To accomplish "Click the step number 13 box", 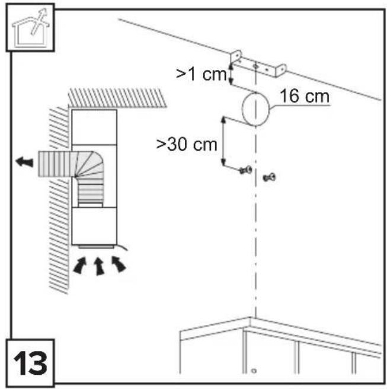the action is pos(30,363).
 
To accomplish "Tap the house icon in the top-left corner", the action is pos(30,27).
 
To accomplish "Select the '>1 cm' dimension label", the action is pos(202,74).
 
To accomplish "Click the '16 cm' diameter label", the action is pos(305,96).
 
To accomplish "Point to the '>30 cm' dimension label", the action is pos(187,144).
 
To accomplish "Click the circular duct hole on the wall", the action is pos(255,109).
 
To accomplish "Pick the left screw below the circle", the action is pos(246,170).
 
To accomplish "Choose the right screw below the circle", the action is pos(269,177).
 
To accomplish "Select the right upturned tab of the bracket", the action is pos(281,70).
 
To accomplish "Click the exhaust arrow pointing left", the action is pos(24,162).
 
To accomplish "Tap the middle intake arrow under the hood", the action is pos(99,266).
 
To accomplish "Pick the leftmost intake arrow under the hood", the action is pos(80,266).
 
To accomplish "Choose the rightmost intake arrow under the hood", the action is pos(119,264).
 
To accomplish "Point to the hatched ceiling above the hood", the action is pos(117,97).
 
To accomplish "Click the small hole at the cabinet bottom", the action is pos(254,371).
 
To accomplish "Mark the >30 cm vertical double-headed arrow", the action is pos(223,141).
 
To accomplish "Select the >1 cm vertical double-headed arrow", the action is pos(231,74).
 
